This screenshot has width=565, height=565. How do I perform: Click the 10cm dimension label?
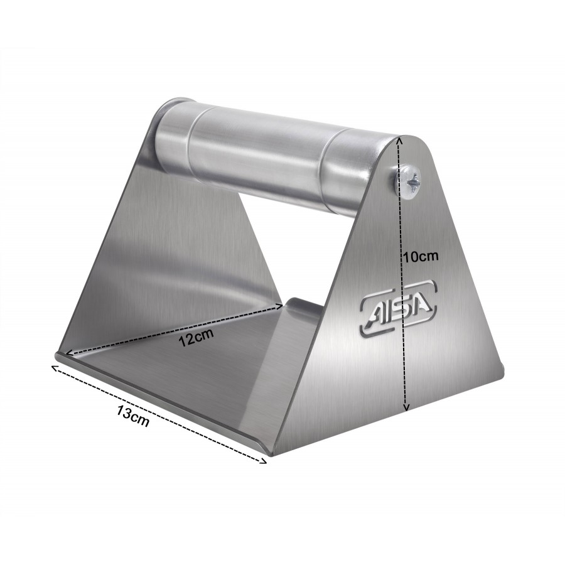point(421,257)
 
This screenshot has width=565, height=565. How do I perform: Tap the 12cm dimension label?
point(196,337)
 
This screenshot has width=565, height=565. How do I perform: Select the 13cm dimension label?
point(132,416)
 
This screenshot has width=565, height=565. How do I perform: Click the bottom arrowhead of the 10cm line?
point(407,407)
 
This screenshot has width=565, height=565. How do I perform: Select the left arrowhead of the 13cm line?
point(55,368)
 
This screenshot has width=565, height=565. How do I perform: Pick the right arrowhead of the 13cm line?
point(263,461)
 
